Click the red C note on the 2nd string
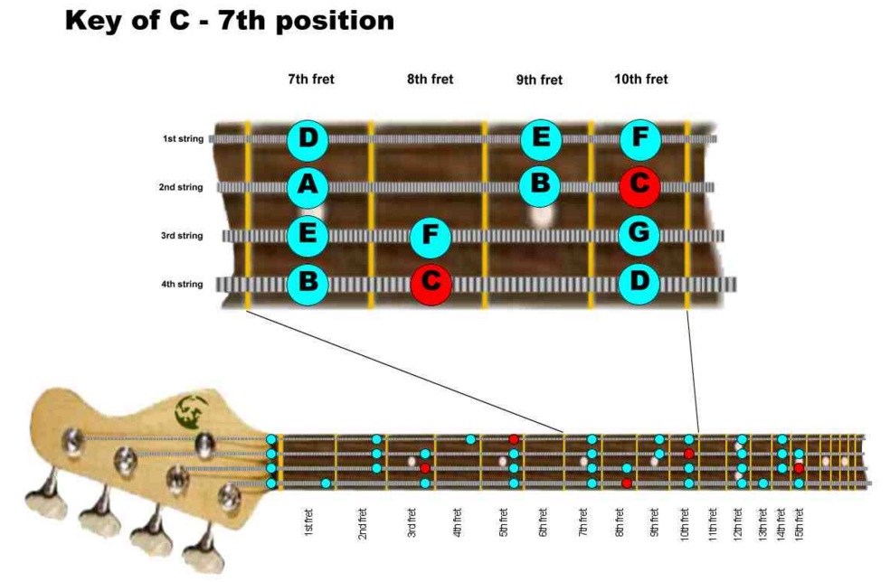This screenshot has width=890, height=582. (639, 186)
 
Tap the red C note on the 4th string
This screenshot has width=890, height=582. (431, 284)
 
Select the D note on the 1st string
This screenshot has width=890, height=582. (308, 139)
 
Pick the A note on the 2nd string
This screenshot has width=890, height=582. (308, 187)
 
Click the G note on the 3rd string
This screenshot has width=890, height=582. (639, 235)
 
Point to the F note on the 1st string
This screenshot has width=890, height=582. (639, 139)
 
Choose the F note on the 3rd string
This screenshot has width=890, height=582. (431, 237)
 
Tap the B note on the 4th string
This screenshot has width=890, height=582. (308, 284)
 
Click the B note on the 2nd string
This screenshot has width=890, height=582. (540, 184)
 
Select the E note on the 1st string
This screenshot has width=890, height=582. (541, 139)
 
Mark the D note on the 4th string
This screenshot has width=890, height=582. (639, 283)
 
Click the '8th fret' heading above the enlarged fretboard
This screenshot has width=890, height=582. (430, 80)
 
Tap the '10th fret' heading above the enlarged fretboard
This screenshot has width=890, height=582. (640, 80)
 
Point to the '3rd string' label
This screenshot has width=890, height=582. (183, 236)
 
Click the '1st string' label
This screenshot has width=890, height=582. (183, 139)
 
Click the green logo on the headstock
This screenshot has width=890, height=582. (192, 412)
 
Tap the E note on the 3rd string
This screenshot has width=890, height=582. (308, 236)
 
